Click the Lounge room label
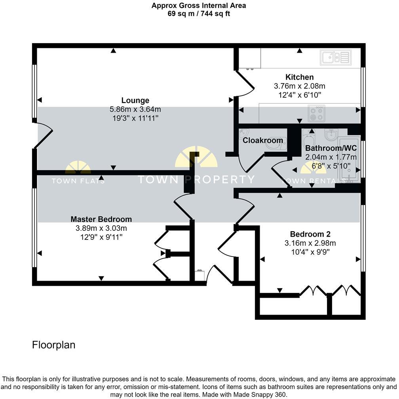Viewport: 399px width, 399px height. tap(135, 101)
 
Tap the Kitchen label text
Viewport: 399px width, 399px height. tap(299, 77)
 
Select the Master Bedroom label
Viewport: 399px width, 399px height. tap(101, 219)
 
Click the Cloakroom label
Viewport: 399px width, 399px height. tap(262, 140)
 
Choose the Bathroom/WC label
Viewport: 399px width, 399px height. tap(331, 148)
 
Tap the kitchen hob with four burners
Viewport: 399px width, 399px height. tap(316, 113)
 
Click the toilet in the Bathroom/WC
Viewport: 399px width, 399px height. tap(308, 139)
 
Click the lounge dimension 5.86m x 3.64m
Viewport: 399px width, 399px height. tap(135, 109)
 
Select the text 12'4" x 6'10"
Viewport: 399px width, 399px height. tap(299, 95)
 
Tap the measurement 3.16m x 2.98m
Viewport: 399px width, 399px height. tap(310, 243)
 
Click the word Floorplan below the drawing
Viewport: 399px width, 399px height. tap(53, 345)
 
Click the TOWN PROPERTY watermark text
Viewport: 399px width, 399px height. tap(196, 179)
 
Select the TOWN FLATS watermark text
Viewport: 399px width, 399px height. tap(78, 181)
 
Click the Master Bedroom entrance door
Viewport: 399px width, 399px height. tap(183, 207)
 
